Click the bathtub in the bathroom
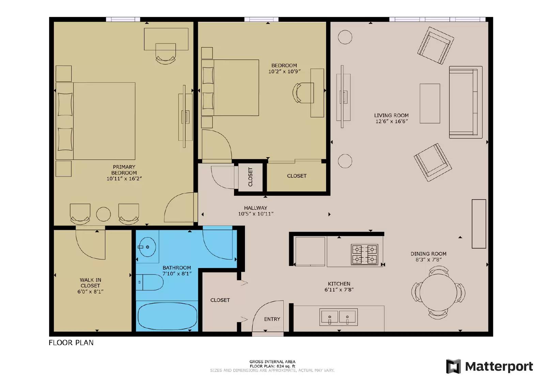167,316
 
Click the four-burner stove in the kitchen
364,255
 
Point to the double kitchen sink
339,317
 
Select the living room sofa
465,102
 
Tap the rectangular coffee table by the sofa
430,103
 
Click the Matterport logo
489,366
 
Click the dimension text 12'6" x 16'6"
391,121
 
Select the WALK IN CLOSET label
90,283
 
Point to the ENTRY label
272,319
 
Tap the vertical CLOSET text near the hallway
250,177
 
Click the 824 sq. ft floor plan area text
272,366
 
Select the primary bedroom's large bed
99,121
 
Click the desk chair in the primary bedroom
166,54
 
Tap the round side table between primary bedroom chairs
103,214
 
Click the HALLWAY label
255,208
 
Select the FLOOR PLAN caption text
71,343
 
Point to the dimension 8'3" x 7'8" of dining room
428,260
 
